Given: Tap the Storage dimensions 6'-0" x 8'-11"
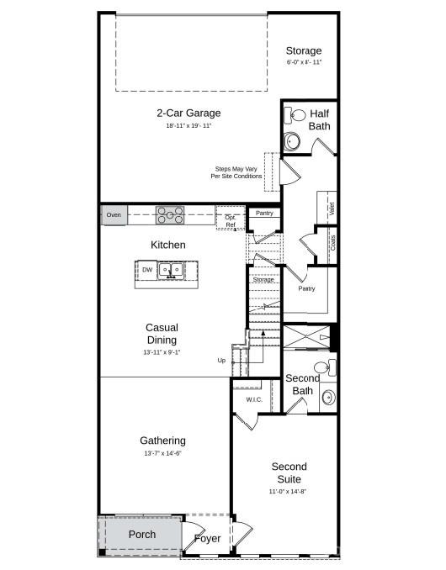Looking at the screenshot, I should click(x=303, y=62).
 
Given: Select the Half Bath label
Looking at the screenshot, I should click(x=320, y=119).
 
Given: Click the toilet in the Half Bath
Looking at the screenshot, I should click(x=298, y=115).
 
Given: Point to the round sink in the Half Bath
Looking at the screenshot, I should click(x=293, y=140).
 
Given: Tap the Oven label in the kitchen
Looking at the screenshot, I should click(x=114, y=215).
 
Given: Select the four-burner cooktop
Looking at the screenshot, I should click(x=171, y=215).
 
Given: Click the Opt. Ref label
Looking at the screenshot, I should click(x=230, y=221).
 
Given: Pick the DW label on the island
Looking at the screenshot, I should click(x=147, y=270).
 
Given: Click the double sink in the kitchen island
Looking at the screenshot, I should click(x=173, y=271).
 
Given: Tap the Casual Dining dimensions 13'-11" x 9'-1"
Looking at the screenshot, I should click(x=162, y=352).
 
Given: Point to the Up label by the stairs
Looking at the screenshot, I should click(x=221, y=361).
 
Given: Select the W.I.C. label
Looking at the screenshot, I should click(x=255, y=399).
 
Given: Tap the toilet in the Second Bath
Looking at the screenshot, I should click(x=325, y=367).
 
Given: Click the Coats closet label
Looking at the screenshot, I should click(x=333, y=243).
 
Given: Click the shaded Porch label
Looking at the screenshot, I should click(x=141, y=535).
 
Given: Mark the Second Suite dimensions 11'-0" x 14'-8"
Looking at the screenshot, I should click(x=289, y=491).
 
